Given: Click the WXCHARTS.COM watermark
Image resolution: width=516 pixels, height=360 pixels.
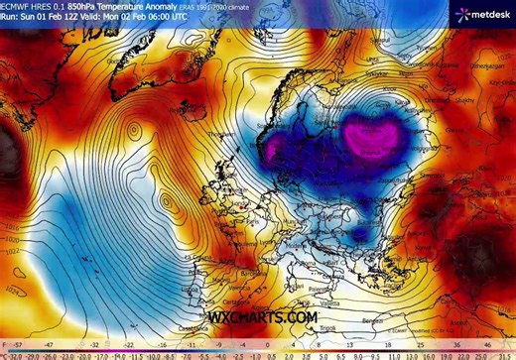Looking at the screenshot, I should pos(263,317).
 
